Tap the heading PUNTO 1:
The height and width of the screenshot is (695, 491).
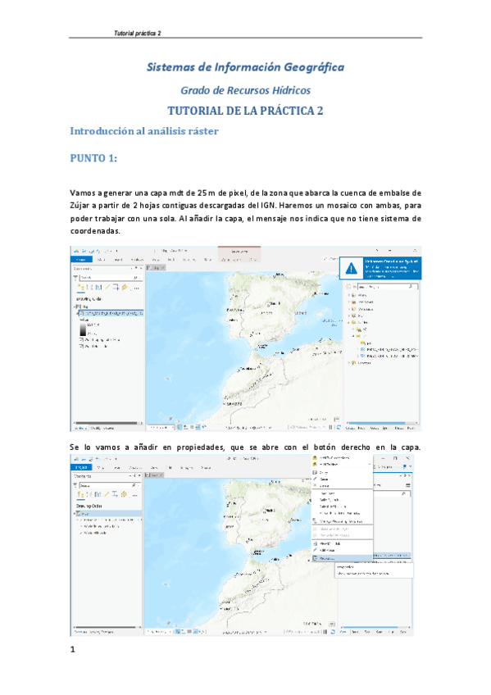pos(94,157)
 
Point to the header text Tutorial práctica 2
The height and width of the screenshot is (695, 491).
pos(137,33)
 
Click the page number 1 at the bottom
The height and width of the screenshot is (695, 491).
pos(73,650)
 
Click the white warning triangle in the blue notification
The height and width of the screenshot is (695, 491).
pos(351,267)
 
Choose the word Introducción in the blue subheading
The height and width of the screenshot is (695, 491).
pos(106,131)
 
